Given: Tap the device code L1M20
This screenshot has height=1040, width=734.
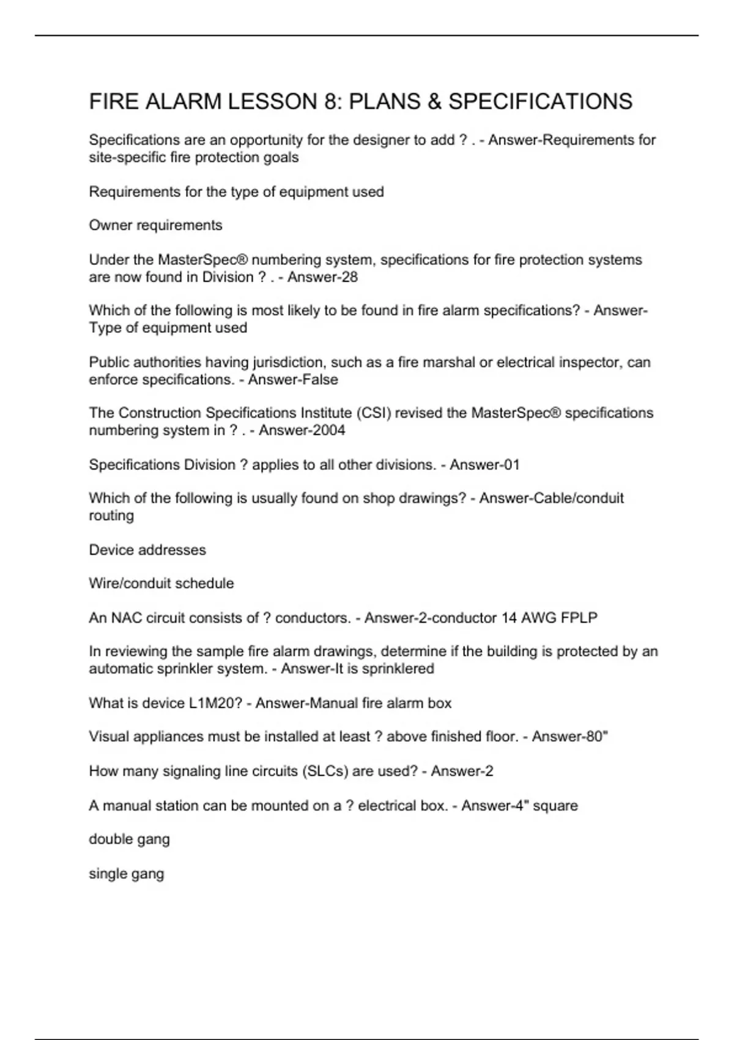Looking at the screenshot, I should click(213, 704).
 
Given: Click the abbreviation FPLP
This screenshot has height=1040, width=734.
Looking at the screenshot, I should click(579, 618).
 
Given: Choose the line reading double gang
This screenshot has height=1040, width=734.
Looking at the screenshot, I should click(129, 839).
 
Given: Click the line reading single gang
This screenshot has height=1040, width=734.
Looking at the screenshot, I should click(126, 874).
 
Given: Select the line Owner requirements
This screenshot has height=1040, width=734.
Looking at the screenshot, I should click(155, 225).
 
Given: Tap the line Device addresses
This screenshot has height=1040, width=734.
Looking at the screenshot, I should click(147, 550).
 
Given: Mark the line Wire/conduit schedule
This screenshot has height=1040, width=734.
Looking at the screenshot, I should click(161, 584).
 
